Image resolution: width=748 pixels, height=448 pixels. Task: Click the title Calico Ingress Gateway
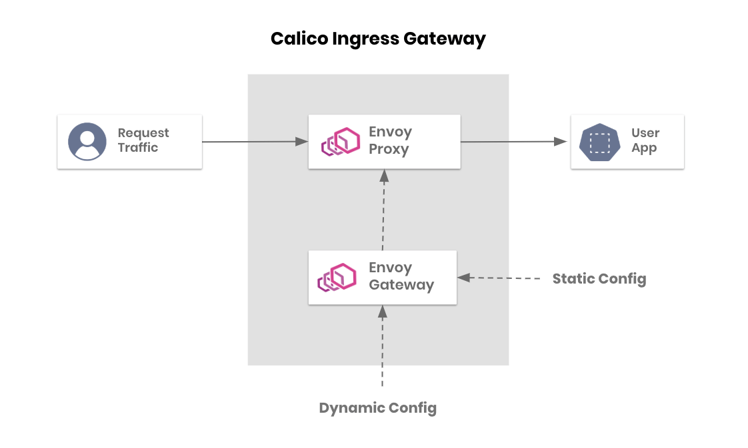[378, 39]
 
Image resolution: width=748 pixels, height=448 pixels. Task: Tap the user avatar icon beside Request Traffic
[87, 142]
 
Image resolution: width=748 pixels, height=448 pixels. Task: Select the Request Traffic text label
[143, 140]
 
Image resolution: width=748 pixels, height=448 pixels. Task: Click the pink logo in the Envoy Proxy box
[341, 142]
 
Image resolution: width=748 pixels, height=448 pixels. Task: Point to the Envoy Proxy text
[390, 140]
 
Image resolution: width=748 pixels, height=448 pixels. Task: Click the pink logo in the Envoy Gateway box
[337, 278]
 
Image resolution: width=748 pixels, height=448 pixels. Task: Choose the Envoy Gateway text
[401, 276]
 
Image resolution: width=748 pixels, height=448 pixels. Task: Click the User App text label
[645, 140]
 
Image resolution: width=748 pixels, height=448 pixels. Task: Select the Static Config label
[599, 278]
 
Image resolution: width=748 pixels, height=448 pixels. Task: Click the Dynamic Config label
[377, 407]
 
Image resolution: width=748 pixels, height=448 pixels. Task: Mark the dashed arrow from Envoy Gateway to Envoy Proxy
[383, 209]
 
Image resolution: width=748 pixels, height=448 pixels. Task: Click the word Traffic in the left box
[137, 148]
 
